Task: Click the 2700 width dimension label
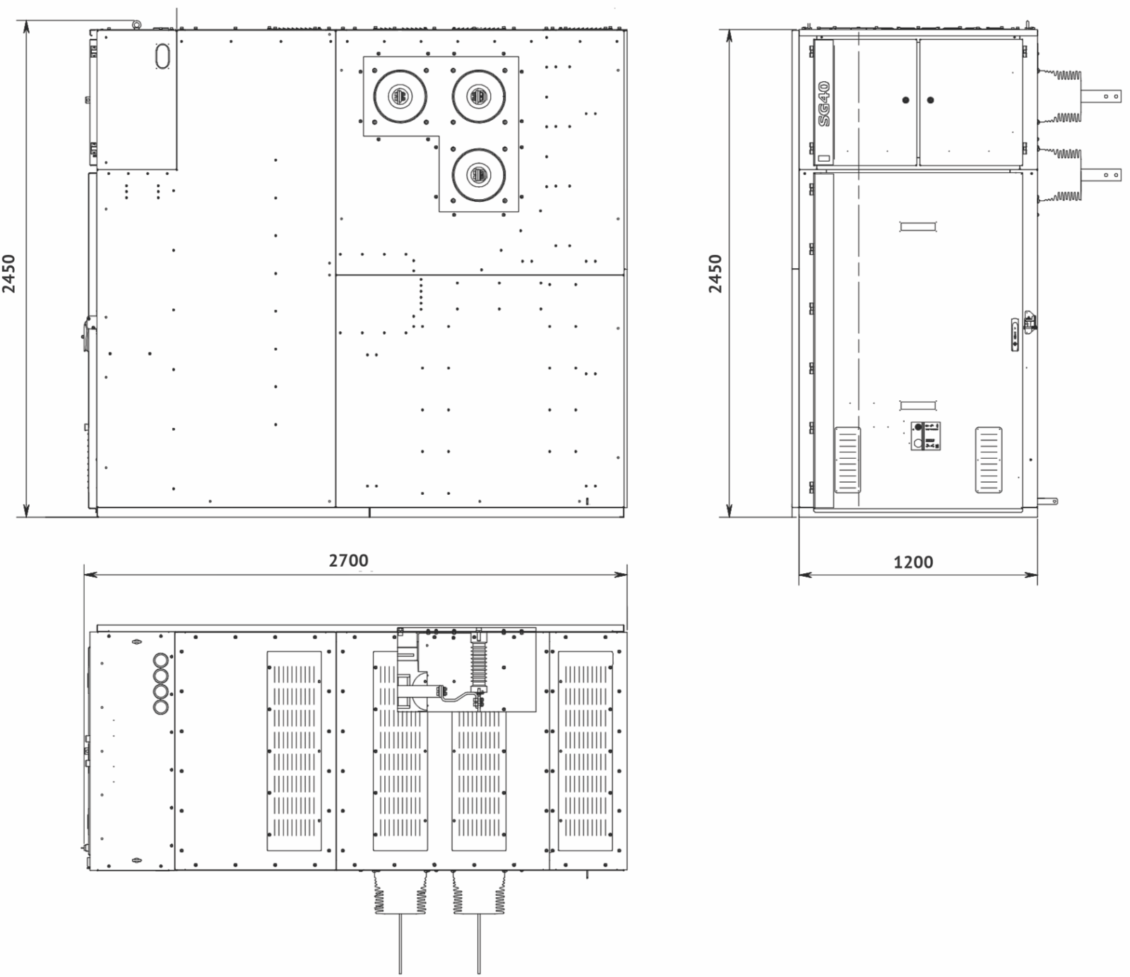pos(349,561)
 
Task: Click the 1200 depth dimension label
pos(913,563)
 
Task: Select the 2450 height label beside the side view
pos(715,273)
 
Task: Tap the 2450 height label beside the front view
pos(8,273)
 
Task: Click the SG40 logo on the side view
pos(824,103)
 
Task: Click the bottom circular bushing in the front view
pos(478,174)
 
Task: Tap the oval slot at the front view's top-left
pos(163,56)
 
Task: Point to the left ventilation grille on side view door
pos(847,460)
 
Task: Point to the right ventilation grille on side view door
pos(989,460)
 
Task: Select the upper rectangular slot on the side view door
pos(917,227)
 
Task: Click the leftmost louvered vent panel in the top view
pos(294,751)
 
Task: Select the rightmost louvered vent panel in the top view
pos(585,751)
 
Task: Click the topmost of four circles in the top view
pos(161,660)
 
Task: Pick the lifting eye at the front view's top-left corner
pos(136,25)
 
